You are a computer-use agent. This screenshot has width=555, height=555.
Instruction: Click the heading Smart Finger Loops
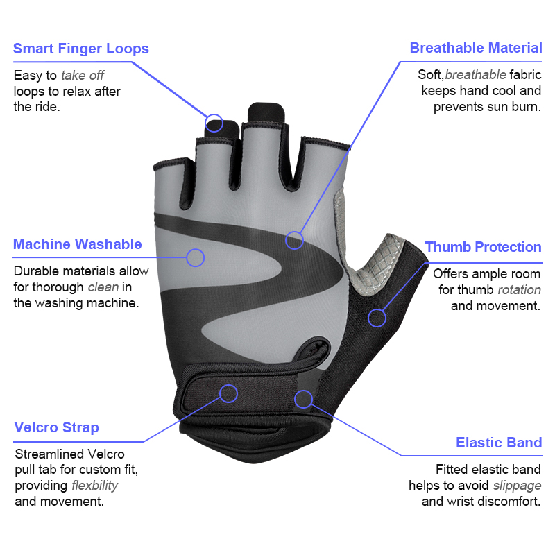pos(80,49)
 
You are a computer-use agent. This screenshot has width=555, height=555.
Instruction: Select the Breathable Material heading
pos(475,48)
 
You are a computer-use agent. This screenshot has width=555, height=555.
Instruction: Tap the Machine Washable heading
pos(77,244)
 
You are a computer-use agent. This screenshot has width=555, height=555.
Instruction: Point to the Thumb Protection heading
pos(483,247)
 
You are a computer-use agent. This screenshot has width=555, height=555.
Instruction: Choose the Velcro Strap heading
pos(56,427)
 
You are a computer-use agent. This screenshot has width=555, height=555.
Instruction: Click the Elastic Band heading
pos(498,443)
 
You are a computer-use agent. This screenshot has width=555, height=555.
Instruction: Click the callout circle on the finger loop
pos(214,123)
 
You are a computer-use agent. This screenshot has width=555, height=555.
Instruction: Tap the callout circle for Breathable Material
pos(295,240)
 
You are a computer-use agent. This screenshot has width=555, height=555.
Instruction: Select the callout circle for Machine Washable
pos(196,258)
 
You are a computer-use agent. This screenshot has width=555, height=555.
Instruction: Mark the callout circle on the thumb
pos(377,318)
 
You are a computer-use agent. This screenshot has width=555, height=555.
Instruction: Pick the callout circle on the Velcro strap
pos(228,393)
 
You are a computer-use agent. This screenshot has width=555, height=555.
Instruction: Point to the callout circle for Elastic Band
pos(303,398)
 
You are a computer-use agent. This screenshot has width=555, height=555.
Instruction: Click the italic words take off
pos(83,76)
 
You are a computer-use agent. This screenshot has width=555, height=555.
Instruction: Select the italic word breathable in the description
pos(475,75)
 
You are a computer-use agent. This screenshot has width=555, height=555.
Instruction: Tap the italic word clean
pos(102,287)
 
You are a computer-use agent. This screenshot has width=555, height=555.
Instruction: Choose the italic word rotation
pos(519,290)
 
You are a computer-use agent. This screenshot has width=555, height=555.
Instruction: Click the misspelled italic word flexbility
pos(94,485)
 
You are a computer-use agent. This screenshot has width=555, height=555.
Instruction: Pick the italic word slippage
pos(517,486)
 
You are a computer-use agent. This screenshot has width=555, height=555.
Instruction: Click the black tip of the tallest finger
pos(266,112)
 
